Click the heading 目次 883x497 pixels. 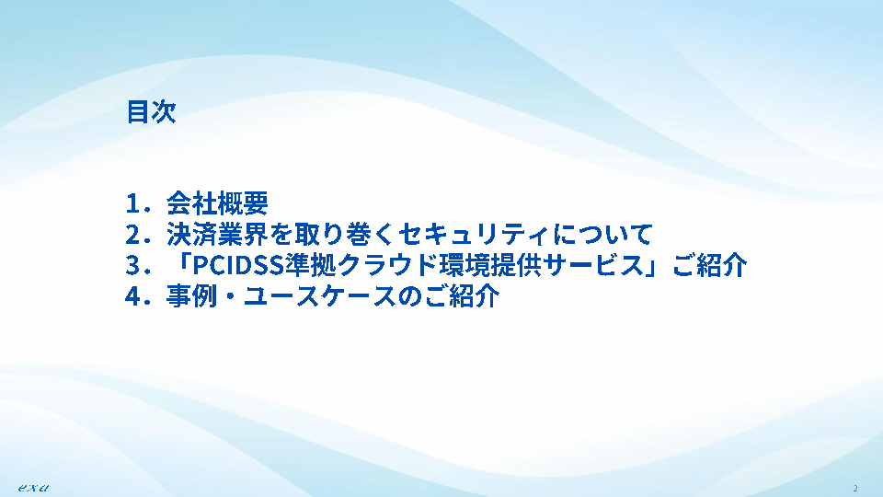(x=151, y=111)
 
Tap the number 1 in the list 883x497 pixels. (x=132, y=204)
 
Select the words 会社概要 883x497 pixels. (x=217, y=203)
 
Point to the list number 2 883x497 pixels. (x=133, y=235)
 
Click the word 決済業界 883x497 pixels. (x=217, y=235)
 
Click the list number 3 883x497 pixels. (x=133, y=266)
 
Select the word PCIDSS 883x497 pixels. (x=238, y=266)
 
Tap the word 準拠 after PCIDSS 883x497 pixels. (x=310, y=265)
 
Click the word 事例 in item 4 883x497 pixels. (x=192, y=296)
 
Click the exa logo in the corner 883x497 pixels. (x=33, y=488)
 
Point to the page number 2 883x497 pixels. (x=855, y=488)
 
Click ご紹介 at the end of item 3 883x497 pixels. (x=709, y=265)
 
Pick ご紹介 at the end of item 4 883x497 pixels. (x=462, y=296)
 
